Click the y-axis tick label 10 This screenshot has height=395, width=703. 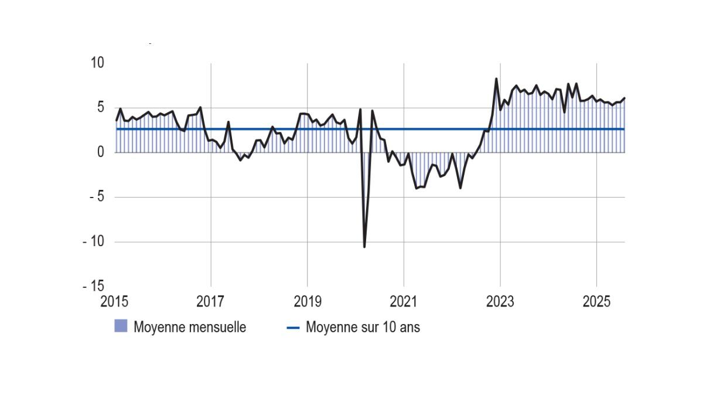point(97,62)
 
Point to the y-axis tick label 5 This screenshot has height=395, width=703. point(100,107)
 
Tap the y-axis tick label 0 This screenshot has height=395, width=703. point(100,152)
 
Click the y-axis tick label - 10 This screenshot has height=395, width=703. point(93,241)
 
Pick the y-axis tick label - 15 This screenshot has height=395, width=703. point(93,286)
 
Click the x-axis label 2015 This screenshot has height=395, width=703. point(114,302)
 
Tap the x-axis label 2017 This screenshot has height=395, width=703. point(210,302)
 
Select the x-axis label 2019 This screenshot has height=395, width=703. point(307,302)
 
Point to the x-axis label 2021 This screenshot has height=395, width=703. point(404,302)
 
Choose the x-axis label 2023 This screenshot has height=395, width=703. point(500,302)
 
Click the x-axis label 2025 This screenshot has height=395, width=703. point(596,302)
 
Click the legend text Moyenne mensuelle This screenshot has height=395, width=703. point(190,327)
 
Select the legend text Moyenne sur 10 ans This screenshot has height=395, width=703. point(363,327)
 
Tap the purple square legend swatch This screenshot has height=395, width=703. point(121,326)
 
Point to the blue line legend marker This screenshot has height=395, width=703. point(293,328)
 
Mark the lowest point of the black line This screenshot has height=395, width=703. point(364,247)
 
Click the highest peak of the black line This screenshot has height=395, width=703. point(496,79)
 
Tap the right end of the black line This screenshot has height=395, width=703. point(624,98)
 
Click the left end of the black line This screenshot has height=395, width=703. point(117,120)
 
